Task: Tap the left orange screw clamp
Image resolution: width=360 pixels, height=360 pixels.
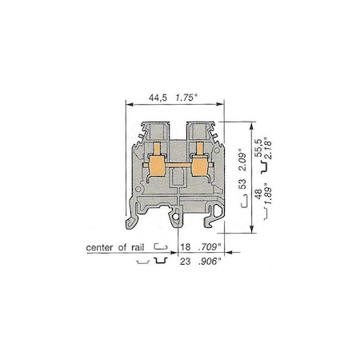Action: coord(158,169)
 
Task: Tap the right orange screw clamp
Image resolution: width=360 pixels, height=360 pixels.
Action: coord(196,169)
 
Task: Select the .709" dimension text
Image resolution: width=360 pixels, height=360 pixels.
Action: coord(212,248)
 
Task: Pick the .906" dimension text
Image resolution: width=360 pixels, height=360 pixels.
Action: coord(212,262)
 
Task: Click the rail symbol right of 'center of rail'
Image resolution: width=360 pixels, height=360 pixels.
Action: coord(161,248)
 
